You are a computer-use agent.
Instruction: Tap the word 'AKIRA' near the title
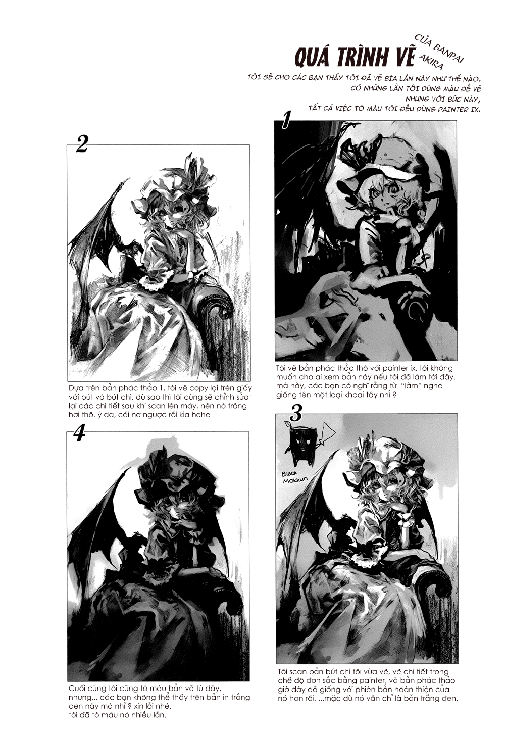431,62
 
